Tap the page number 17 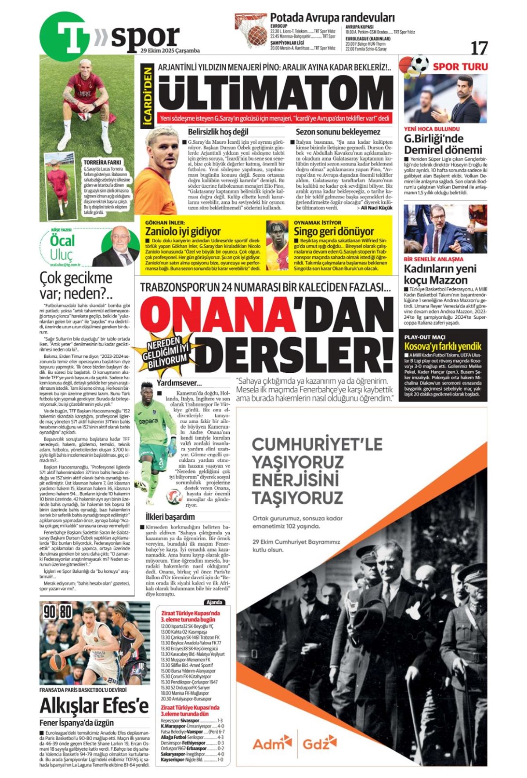pyautogui.click(x=479, y=47)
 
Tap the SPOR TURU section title pyautogui.click(x=460, y=67)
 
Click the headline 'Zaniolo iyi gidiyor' pyautogui.click(x=183, y=232)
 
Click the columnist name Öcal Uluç pyautogui.click(x=63, y=247)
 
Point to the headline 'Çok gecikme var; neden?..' pyautogui.click(x=76, y=285)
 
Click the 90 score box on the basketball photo pyautogui.click(x=50, y=611)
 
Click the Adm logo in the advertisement pyautogui.click(x=272, y=744)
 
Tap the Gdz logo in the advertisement pyautogui.click(x=319, y=744)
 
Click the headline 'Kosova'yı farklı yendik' pyautogui.click(x=443, y=346)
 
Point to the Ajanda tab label pyautogui.click(x=214, y=602)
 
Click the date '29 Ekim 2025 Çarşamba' pyautogui.click(x=170, y=51)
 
